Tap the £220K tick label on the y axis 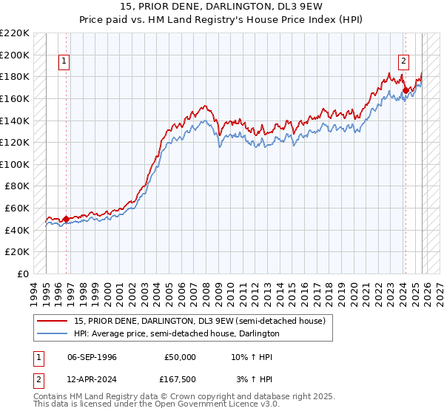pos(15,33)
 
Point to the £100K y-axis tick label pos(15,164)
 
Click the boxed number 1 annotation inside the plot pos(65,61)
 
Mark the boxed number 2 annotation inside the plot pos(404,61)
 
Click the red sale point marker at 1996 pos(66,219)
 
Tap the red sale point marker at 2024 pos(405,91)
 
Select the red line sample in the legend pos(53,321)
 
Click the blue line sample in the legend pos(53,333)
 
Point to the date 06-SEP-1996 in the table pos(91,356)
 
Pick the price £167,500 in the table pos(178,379)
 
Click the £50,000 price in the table pos(178,356)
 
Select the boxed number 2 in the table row pos(37,379)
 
